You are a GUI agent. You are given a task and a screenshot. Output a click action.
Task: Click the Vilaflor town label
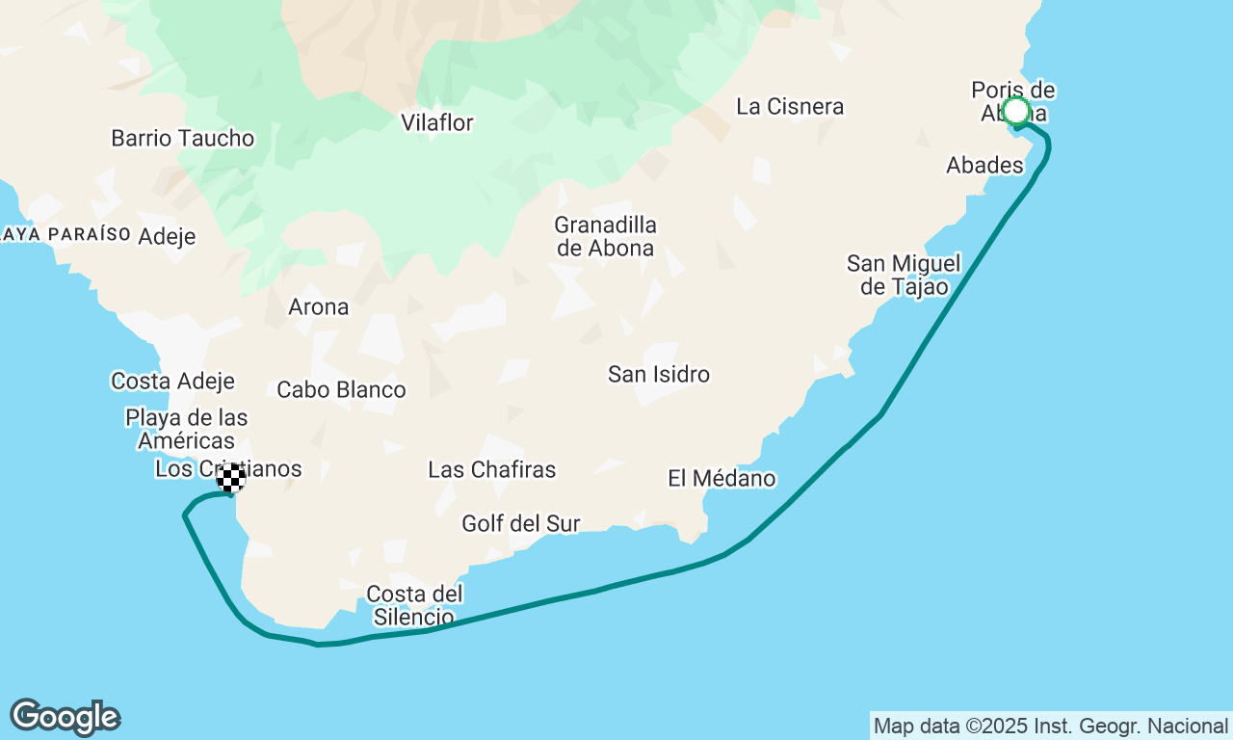coord(437,122)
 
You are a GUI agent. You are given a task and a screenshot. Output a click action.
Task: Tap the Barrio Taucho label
coord(183,138)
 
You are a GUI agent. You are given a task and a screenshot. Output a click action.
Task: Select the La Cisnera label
coord(790,106)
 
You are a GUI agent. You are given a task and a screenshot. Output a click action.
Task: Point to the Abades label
coord(984,165)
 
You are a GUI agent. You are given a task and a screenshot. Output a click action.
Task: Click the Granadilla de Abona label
coord(605,236)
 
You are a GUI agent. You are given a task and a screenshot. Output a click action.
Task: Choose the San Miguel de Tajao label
coord(904,275)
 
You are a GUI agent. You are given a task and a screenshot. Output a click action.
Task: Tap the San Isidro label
coord(659,374)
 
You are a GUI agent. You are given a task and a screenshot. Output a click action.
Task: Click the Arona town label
coord(319,307)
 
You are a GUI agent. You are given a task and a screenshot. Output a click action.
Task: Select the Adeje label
coord(167,236)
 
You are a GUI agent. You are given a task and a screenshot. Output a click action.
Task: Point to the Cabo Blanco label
coord(341,389)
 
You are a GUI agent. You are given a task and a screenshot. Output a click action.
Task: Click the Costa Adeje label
coord(173,381)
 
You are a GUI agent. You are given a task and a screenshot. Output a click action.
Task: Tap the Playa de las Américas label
coord(187,429)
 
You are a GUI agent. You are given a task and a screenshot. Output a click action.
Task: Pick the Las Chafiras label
coord(492,469)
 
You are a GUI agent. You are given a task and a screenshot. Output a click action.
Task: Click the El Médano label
coord(721,478)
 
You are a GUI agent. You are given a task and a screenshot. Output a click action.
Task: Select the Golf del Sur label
coord(521,523)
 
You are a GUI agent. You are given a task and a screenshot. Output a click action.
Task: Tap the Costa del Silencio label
coord(415,604)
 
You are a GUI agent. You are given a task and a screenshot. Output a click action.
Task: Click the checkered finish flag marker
coord(231,478)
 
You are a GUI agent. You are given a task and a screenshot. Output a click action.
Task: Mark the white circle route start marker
coord(1016,111)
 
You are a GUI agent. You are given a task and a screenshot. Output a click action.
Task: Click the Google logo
coord(65,718)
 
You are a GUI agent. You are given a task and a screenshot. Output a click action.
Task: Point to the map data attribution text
coord(1051,726)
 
